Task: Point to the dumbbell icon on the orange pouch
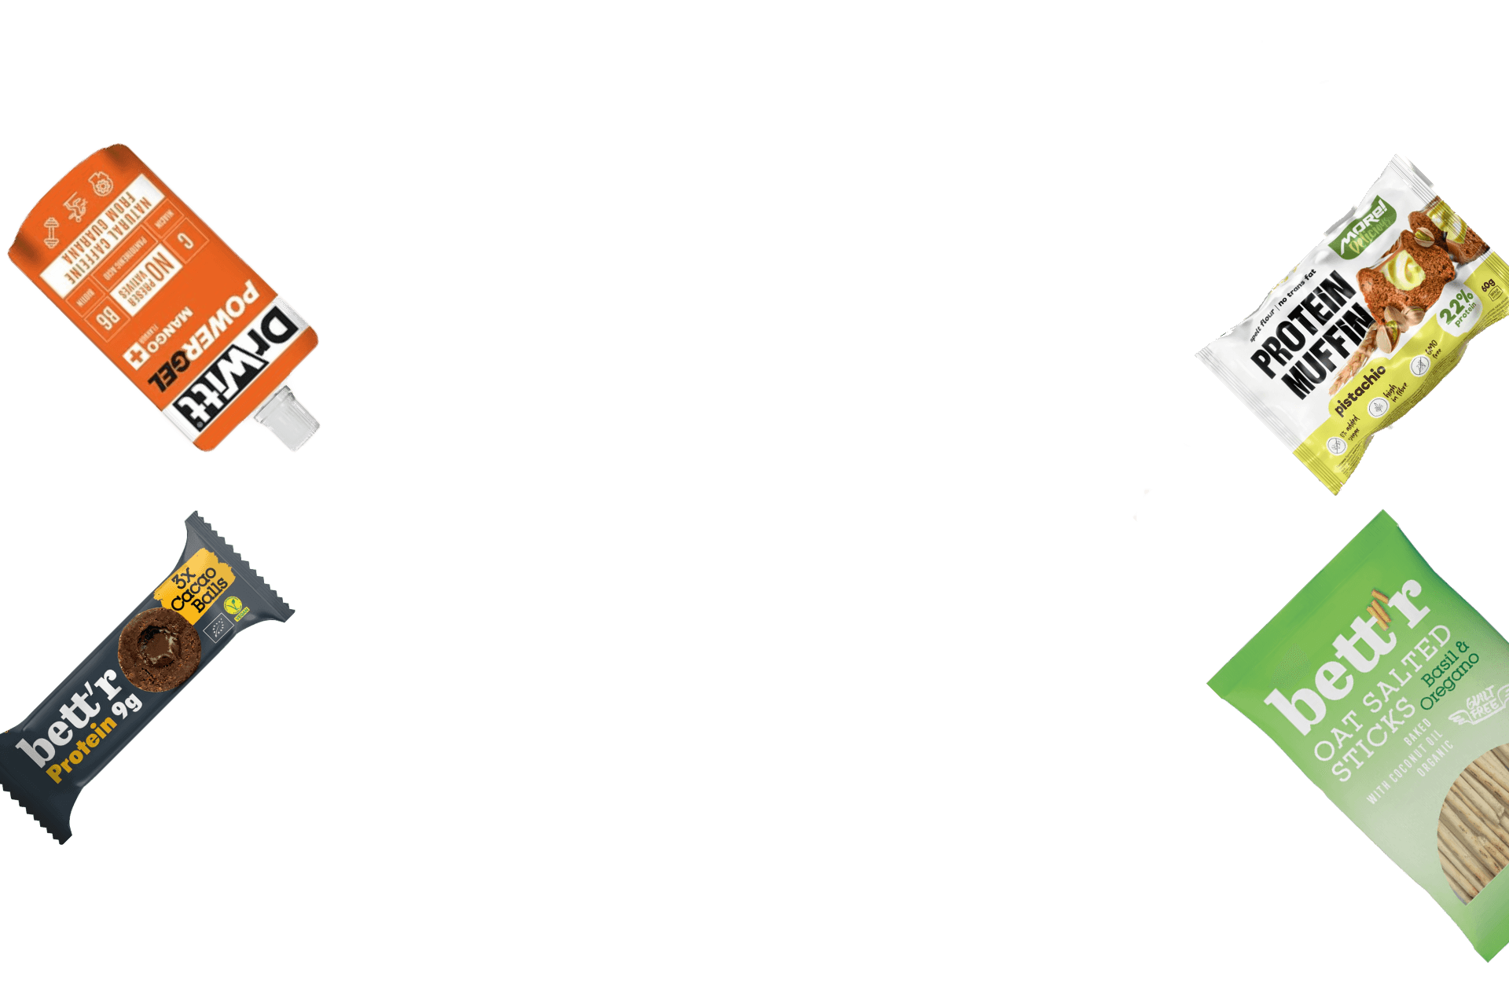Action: (51, 233)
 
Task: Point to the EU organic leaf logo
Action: (216, 630)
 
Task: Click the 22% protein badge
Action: (1459, 307)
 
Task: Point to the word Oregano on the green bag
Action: (1450, 681)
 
